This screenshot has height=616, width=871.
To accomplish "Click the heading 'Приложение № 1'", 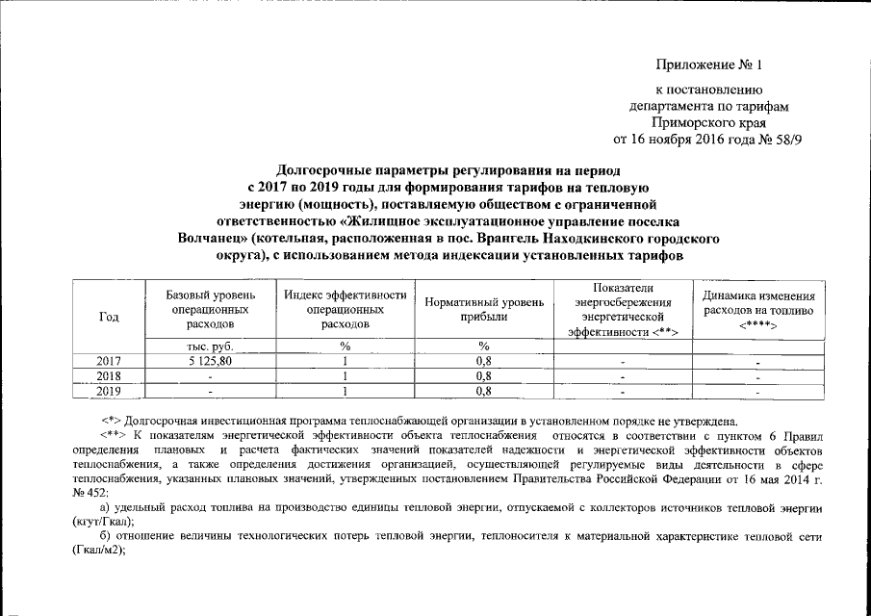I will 707,65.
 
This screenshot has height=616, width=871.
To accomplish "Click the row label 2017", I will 108,362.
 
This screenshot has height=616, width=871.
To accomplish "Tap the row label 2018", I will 108,376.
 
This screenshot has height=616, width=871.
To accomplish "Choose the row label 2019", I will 108,391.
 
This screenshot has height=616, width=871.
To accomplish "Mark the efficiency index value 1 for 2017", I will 345,362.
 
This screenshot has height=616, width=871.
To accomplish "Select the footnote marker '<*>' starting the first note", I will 110,422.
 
